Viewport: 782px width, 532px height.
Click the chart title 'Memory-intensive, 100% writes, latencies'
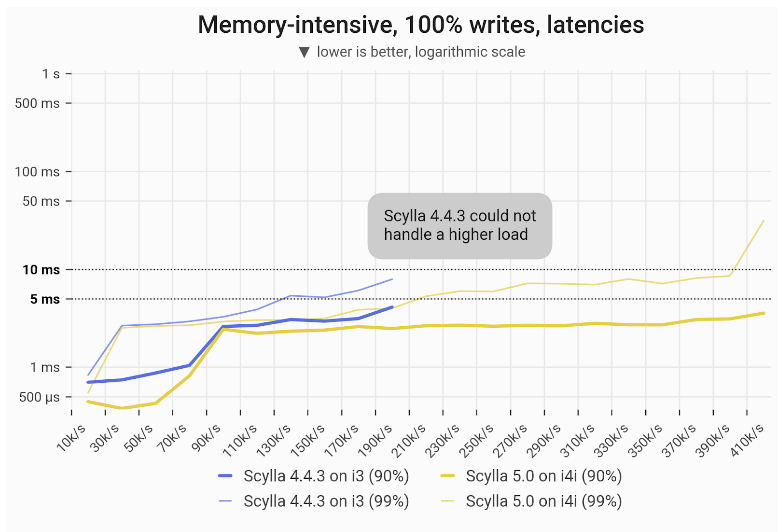[x=420, y=25]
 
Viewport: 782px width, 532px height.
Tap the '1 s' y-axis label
[x=50, y=74]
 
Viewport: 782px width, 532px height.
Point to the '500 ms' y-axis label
[x=39, y=103]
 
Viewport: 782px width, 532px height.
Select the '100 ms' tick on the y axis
[x=39, y=171]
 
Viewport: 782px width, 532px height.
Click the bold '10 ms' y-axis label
[x=41, y=269]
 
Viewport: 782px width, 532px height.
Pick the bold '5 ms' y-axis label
[x=44, y=299]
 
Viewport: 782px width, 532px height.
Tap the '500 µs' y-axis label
[x=39, y=397]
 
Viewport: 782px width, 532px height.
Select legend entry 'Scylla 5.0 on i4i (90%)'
[x=532, y=477]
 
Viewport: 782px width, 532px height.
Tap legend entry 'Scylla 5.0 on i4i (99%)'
[x=532, y=501]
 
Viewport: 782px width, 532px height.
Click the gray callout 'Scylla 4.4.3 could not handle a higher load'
[x=460, y=225]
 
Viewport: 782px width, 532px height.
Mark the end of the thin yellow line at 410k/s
[x=764, y=220]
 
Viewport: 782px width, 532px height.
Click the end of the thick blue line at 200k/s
[x=393, y=307]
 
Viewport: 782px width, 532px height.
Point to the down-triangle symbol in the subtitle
[x=304, y=52]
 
